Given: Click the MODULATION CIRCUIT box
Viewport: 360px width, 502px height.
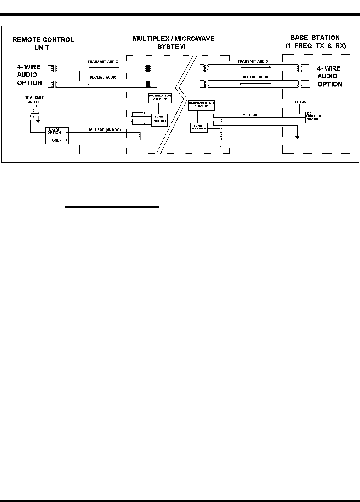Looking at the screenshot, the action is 160,98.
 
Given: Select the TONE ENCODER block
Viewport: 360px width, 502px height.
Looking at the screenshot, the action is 159,119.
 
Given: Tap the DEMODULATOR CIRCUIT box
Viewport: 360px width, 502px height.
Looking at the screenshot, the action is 201,105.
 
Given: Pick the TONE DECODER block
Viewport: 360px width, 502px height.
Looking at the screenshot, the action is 198,128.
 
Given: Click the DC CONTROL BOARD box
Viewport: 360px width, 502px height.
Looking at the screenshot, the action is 314,117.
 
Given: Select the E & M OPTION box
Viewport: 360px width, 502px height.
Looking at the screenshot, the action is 56,136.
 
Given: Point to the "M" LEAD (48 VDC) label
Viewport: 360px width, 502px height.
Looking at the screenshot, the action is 104,130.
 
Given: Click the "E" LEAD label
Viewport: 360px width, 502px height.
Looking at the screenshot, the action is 251,115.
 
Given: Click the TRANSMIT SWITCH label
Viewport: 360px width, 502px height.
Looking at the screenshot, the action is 34,100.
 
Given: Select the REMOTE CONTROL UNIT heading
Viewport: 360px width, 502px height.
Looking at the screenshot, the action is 43,43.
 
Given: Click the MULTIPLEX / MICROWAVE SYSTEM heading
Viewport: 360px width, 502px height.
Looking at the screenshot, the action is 173,42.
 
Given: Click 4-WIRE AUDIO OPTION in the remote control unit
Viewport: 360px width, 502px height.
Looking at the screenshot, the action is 29,75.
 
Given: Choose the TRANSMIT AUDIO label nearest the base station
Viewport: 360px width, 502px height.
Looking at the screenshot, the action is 253,61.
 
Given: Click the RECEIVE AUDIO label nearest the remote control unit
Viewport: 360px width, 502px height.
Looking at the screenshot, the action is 103,77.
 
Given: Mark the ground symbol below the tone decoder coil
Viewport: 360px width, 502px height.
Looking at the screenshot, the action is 220,144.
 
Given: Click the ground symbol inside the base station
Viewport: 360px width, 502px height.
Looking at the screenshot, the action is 297,137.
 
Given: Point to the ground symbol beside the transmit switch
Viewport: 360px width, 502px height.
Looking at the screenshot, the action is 38,121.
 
